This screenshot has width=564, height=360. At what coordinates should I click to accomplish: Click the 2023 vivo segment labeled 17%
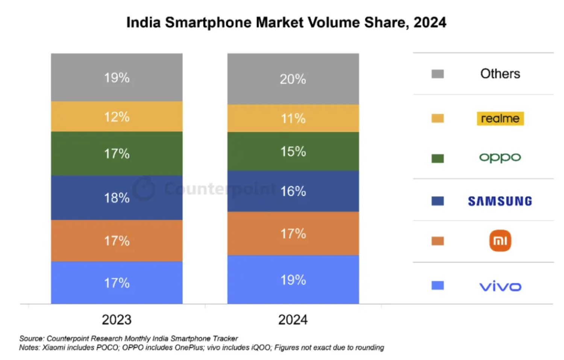117,283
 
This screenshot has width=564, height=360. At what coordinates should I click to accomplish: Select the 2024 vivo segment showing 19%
293,280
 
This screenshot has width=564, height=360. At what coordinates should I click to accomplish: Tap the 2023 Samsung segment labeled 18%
117,198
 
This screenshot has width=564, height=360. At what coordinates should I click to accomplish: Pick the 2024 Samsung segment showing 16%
293,191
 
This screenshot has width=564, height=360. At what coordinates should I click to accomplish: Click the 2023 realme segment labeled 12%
117,116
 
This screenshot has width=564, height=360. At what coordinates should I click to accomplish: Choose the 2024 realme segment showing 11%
293,118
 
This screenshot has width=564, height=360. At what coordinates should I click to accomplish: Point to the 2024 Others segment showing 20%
293,79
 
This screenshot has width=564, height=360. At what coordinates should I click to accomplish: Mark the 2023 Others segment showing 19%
117,77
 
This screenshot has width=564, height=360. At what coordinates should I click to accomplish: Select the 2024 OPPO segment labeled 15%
293,151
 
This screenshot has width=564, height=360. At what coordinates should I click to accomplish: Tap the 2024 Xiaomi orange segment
293,233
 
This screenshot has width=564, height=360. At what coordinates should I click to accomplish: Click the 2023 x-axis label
117,320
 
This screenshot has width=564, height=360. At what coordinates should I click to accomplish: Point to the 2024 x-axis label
293,320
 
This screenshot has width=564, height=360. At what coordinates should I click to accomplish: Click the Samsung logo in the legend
500,201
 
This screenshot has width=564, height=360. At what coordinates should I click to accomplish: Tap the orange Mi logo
500,241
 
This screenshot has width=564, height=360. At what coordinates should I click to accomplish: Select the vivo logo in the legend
500,286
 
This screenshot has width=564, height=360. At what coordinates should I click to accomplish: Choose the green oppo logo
500,157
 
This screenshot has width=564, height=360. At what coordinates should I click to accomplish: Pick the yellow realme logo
500,118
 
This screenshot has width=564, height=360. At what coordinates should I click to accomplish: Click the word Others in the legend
500,74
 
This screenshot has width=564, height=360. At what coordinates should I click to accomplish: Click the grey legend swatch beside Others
438,74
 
